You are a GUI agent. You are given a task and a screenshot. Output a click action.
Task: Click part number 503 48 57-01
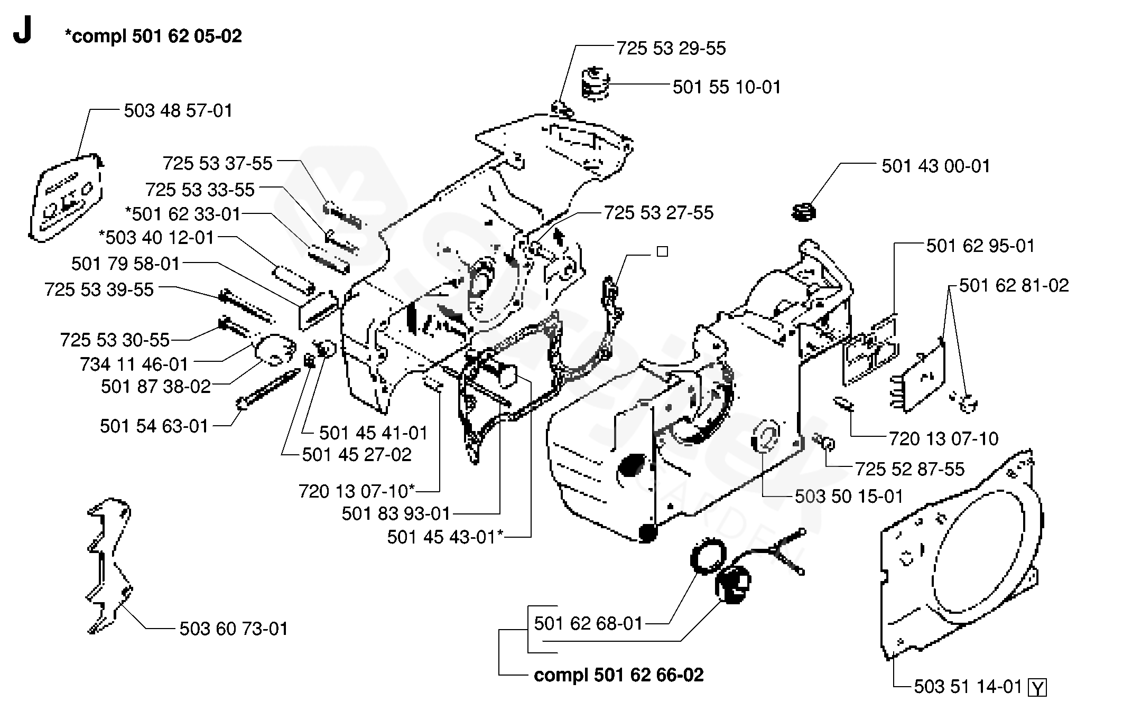pos(178,111)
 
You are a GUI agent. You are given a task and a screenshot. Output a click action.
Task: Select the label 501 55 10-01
pos(727,87)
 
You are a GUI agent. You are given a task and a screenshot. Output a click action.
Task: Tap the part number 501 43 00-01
pos(935,166)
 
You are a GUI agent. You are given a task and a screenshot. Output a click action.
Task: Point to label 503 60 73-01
pos(234,629)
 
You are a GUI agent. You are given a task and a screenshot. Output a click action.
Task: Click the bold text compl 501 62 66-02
pos(619,675)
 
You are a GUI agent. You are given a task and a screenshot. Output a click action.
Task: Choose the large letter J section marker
pos(23,32)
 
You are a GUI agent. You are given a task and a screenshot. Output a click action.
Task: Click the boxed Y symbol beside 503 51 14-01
pos(1037,688)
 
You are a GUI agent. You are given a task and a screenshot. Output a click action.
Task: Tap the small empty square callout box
pos(662,252)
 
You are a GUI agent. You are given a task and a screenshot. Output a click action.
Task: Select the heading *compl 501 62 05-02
pos(153,36)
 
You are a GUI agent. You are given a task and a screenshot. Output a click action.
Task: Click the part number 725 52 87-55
pos(909,469)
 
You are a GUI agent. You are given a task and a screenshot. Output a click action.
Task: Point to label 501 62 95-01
pos(980,246)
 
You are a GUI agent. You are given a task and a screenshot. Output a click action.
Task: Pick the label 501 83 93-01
pos(396,513)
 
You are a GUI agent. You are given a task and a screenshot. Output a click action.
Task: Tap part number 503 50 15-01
pos(849,497)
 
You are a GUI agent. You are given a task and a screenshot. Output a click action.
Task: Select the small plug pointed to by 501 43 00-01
pos(804,213)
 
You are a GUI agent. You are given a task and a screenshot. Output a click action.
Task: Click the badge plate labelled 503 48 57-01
pos(66,198)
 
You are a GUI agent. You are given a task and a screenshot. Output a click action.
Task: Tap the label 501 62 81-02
pos(1014,286)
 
